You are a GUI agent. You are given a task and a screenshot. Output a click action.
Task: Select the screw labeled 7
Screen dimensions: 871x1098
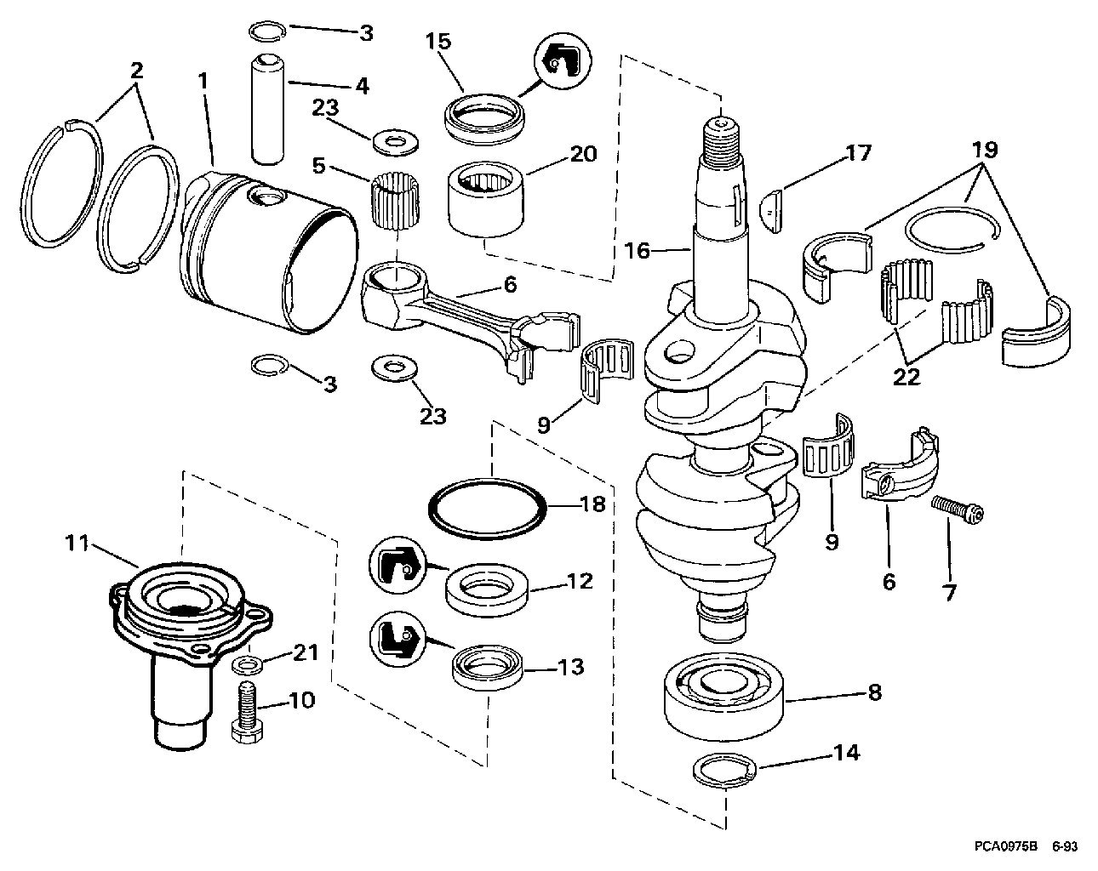click(x=958, y=509)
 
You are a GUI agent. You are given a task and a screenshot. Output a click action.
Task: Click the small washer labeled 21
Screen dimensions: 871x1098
click(x=248, y=663)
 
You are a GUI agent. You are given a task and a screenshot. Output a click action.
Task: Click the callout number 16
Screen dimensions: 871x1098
click(x=637, y=250)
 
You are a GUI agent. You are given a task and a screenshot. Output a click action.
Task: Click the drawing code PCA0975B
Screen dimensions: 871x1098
click(x=1005, y=847)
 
